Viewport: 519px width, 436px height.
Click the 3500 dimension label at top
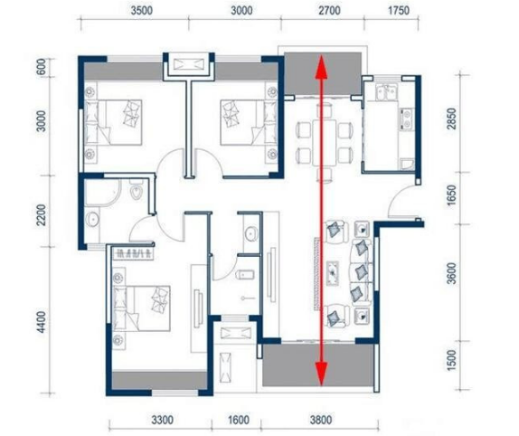coord(142,11)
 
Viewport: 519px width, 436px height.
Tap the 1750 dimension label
coord(399,11)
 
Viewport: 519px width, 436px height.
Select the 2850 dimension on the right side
coord(451,118)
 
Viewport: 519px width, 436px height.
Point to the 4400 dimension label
coord(42,322)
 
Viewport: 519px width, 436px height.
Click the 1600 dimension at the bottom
coord(239,420)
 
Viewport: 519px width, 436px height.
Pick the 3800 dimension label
coord(321,420)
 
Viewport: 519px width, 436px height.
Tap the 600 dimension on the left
coord(41,67)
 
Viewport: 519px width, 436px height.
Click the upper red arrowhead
coord(321,67)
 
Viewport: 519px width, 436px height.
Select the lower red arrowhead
coord(321,374)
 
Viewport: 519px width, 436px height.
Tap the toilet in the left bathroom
coord(136,190)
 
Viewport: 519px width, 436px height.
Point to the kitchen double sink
coord(386,92)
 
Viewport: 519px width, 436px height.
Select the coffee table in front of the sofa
coord(333,273)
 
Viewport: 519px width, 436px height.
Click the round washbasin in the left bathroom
coord(91,219)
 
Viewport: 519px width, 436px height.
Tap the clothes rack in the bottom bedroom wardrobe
coord(133,254)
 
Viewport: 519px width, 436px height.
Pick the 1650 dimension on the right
coord(451,195)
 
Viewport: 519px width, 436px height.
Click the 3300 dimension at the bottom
coord(162,420)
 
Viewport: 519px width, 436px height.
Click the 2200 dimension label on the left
coord(42,214)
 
